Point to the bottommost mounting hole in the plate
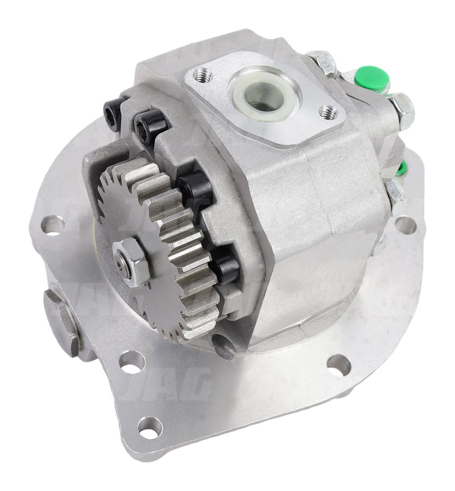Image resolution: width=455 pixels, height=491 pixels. [150, 426]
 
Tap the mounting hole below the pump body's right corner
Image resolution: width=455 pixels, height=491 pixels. [338, 364]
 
